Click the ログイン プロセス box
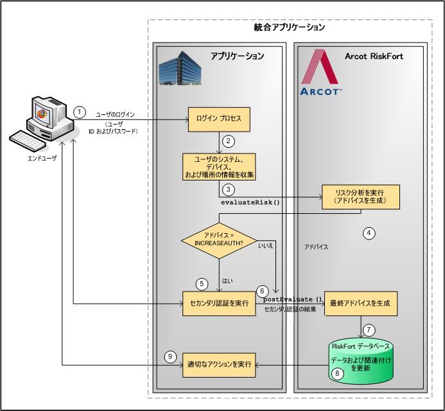[218, 119]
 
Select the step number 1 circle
[79, 111]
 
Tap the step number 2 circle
[227, 141]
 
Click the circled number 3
[227, 189]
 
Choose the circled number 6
[261, 292]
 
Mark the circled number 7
[368, 330]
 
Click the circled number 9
[170, 356]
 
